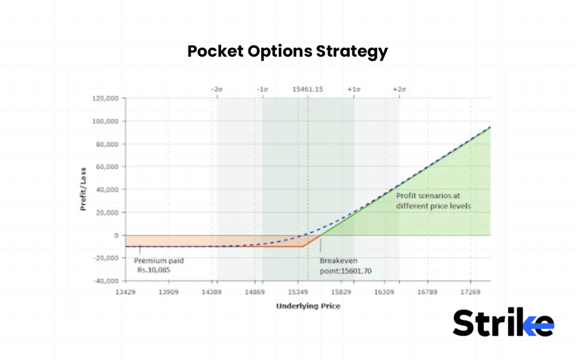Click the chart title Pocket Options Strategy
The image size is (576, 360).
pyautogui.click(x=287, y=52)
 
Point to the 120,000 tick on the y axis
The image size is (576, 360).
pyautogui.click(x=105, y=98)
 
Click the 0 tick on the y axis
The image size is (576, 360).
pyautogui.click(x=115, y=235)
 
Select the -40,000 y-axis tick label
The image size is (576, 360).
pyautogui.click(x=105, y=281)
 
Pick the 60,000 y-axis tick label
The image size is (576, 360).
pyautogui.click(x=107, y=167)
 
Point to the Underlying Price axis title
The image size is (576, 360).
pyautogui.click(x=308, y=306)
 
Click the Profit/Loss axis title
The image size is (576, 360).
pyautogui.click(x=83, y=189)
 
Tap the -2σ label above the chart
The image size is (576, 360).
pyautogui.click(x=217, y=89)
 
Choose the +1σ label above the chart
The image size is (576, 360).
pyautogui.click(x=354, y=89)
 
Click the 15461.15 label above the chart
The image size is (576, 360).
pyautogui.click(x=308, y=89)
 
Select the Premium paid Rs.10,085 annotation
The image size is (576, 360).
pyautogui.click(x=159, y=265)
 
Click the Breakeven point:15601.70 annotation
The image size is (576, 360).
pyautogui.click(x=345, y=266)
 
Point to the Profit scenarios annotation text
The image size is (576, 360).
pyautogui.click(x=433, y=201)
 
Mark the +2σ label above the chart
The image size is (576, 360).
pyautogui.click(x=399, y=89)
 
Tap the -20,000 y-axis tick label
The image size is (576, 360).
pyautogui.click(x=105, y=258)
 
